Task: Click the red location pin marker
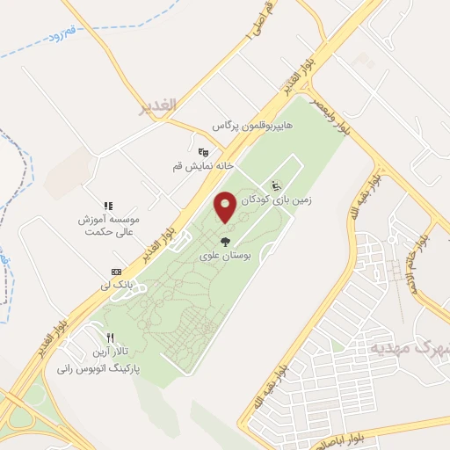click(x=225, y=207)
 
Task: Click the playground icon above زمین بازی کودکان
click(x=274, y=185)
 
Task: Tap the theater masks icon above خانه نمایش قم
click(x=203, y=151)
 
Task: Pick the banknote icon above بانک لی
click(x=116, y=271)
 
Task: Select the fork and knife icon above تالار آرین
click(x=110, y=337)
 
